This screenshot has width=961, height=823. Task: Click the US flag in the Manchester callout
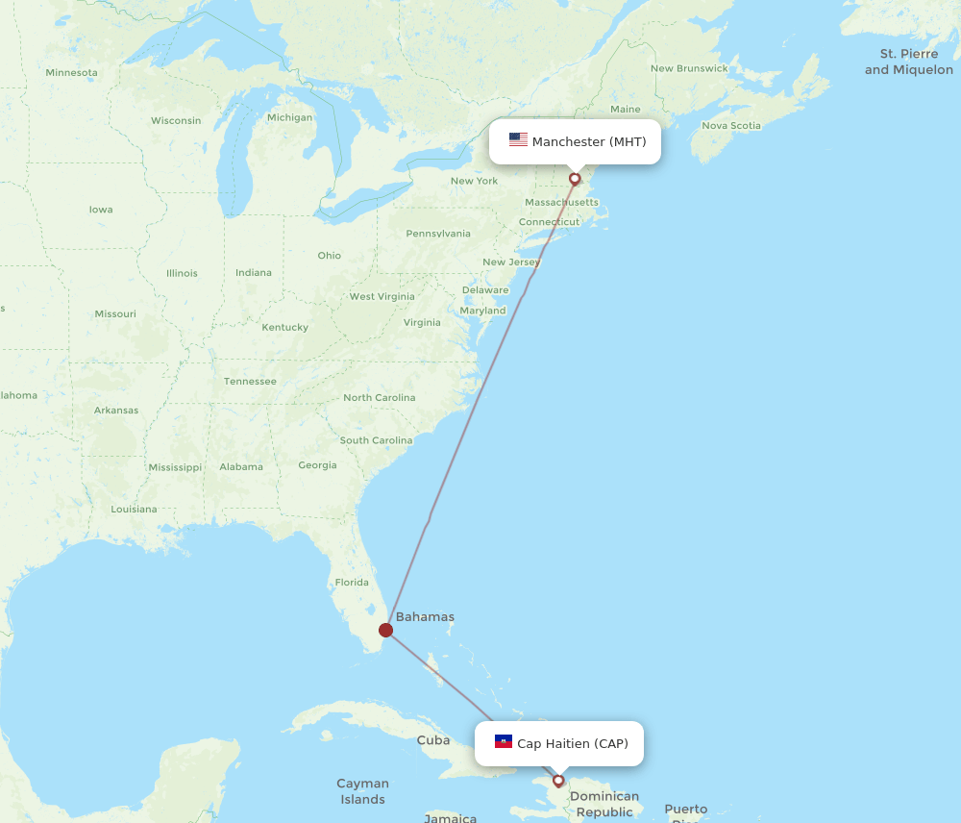518,140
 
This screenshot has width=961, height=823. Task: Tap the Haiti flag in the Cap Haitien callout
504,741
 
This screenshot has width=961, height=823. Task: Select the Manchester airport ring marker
575,178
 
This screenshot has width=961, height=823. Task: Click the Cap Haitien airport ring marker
558,781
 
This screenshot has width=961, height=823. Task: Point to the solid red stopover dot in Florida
385,630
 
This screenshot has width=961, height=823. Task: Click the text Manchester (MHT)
589,142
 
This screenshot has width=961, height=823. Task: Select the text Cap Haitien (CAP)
573,743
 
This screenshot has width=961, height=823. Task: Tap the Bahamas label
425,617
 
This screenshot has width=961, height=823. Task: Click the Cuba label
433,740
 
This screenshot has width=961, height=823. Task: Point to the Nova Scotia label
730,125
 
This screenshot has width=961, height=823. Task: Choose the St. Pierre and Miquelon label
908,62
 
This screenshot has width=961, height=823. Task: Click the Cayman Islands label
362,791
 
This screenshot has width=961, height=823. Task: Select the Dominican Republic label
604,804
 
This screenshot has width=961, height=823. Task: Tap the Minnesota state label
71,72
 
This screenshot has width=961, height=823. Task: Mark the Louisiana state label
134,509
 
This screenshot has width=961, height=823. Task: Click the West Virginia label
382,296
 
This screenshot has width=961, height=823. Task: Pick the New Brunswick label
689,68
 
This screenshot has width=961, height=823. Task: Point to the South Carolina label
376,440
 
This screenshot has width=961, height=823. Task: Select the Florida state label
352,582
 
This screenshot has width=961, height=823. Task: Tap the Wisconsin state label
176,120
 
